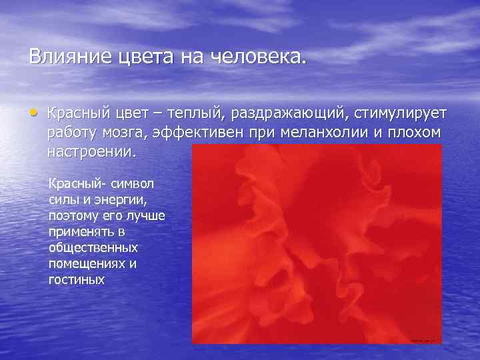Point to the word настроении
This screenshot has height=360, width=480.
pos(91,151)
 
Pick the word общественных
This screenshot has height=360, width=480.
pos(89,247)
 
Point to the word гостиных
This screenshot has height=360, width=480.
pos(76,279)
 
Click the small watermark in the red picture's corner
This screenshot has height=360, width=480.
pos(421,340)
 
